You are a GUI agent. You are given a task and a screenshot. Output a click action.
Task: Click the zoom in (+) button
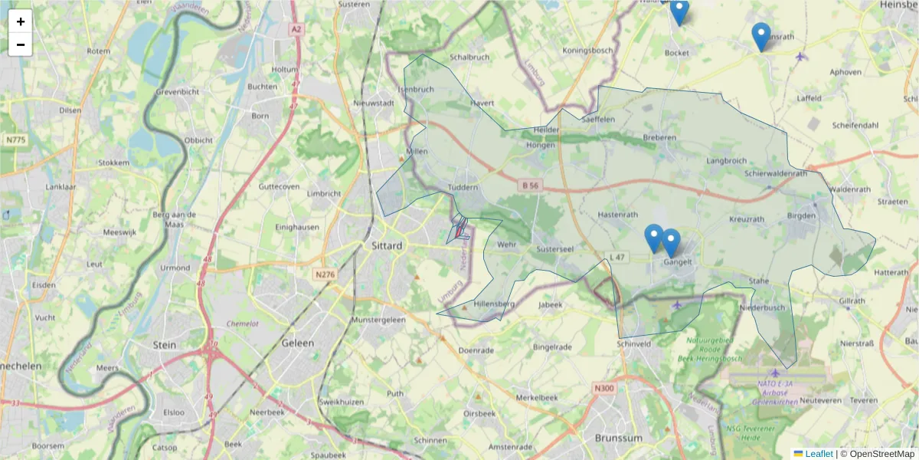click(x=21, y=21)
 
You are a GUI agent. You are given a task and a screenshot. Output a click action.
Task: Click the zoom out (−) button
click(x=21, y=44)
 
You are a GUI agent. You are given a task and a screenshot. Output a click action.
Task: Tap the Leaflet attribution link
click(x=818, y=454)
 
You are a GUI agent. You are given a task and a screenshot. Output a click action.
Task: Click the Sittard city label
click(x=385, y=246)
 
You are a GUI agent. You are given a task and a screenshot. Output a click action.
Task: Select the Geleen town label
click(x=297, y=343)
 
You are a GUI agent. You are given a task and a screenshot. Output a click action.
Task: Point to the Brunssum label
click(x=617, y=438)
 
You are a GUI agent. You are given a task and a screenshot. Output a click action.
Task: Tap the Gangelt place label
click(x=678, y=261)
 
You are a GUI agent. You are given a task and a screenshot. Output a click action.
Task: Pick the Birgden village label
click(x=802, y=216)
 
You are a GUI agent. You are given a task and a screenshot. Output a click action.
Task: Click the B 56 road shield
click(x=531, y=185)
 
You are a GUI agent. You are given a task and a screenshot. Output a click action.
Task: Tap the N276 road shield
click(x=325, y=272)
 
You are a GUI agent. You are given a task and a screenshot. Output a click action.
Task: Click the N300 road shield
click(x=603, y=389)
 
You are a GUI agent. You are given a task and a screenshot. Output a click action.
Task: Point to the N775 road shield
click(x=15, y=140)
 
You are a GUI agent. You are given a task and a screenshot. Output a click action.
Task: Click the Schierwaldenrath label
click(x=776, y=174)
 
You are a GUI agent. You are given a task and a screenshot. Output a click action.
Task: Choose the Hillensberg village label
click(x=495, y=304)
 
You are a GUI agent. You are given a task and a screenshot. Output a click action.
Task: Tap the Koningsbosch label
click(x=588, y=51)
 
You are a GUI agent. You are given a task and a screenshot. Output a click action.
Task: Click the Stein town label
click(x=165, y=344)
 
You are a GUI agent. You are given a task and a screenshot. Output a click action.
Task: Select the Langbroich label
click(x=726, y=161)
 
